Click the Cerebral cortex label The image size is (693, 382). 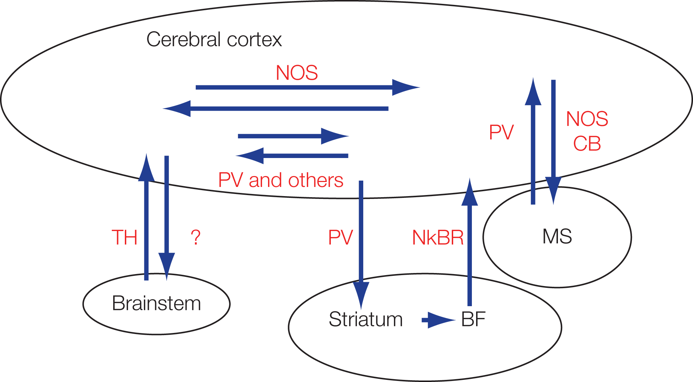click(214, 40)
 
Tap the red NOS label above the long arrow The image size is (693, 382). click(297, 73)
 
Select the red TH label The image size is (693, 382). click(124, 237)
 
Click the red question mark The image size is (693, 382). click(195, 237)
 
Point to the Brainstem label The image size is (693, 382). click(156, 303)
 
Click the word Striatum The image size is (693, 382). click(365, 320)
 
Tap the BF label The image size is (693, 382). click(473, 320)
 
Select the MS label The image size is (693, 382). click(557, 237)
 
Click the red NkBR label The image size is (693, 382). click(438, 238)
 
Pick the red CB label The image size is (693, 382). click(587, 144)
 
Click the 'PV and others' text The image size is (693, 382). click(281, 180)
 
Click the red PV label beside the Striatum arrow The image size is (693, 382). click(340, 237)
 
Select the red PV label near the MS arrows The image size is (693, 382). click(501, 133)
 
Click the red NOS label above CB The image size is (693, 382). click(587, 119)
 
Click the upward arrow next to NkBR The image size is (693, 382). click(469, 247)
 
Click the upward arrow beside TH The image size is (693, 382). click(146, 219)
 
